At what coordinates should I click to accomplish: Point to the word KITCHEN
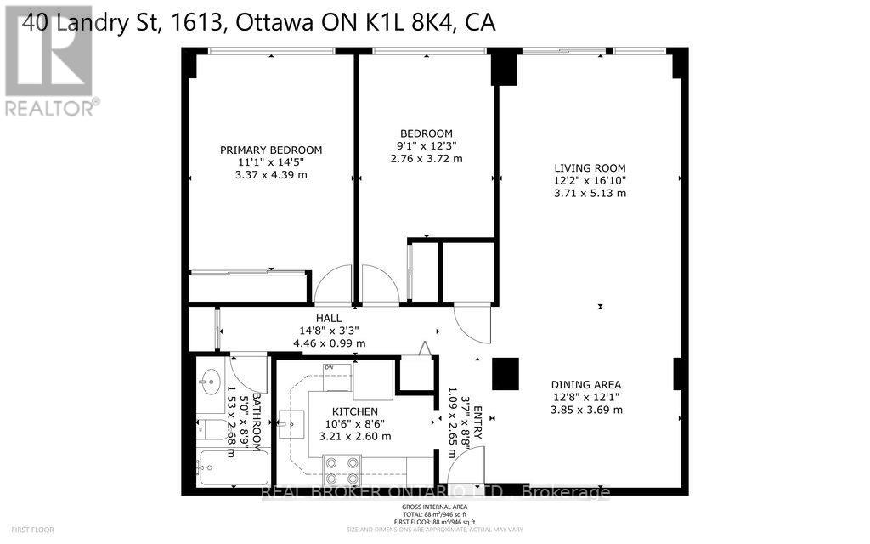354,411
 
